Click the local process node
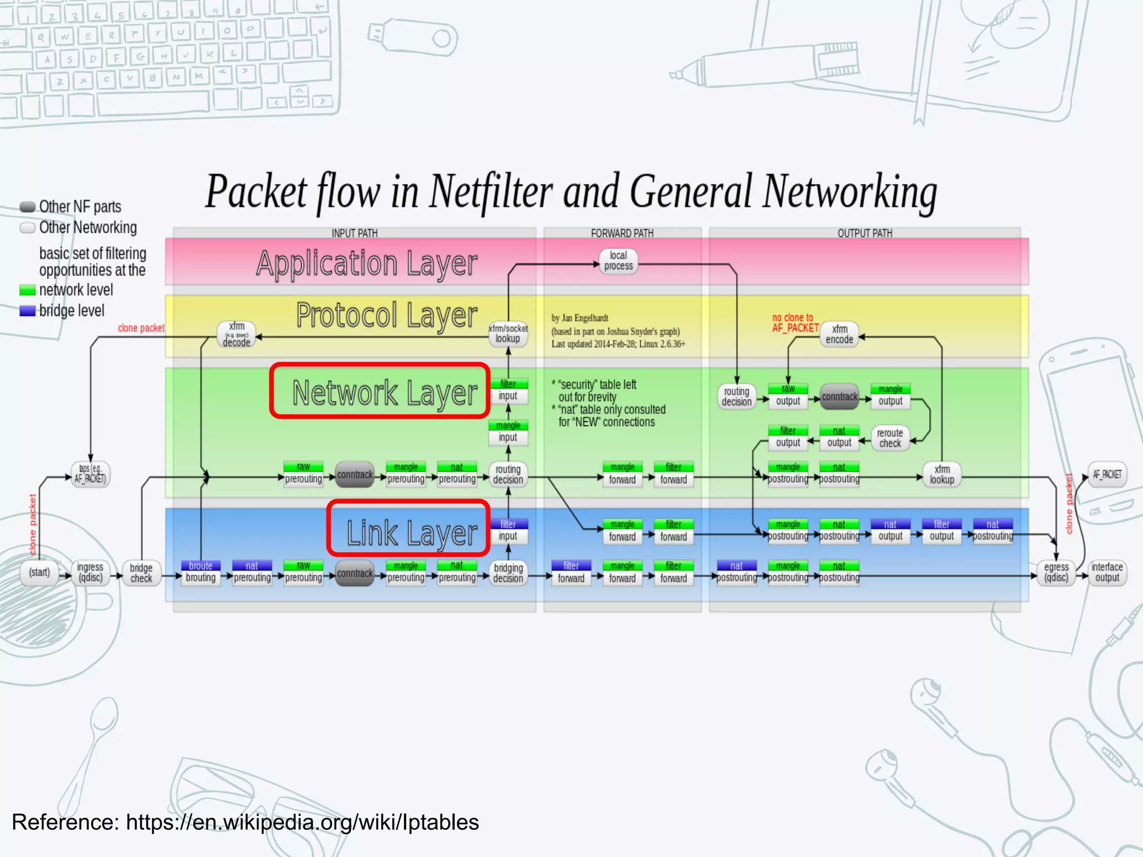(618, 261)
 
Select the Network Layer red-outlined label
(380, 391)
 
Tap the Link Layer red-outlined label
(408, 528)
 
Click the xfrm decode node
(237, 334)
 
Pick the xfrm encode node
(839, 334)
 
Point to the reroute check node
(890, 438)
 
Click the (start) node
(39, 572)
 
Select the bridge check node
(141, 573)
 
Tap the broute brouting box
(200, 572)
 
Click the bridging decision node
(508, 573)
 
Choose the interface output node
(1107, 572)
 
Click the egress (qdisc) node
(1056, 572)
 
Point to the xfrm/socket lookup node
(508, 334)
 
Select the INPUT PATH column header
(354, 233)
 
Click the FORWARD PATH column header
(622, 233)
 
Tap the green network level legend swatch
(27, 290)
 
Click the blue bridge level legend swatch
(27, 311)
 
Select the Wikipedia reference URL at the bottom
(302, 822)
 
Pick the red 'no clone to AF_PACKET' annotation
(794, 323)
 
